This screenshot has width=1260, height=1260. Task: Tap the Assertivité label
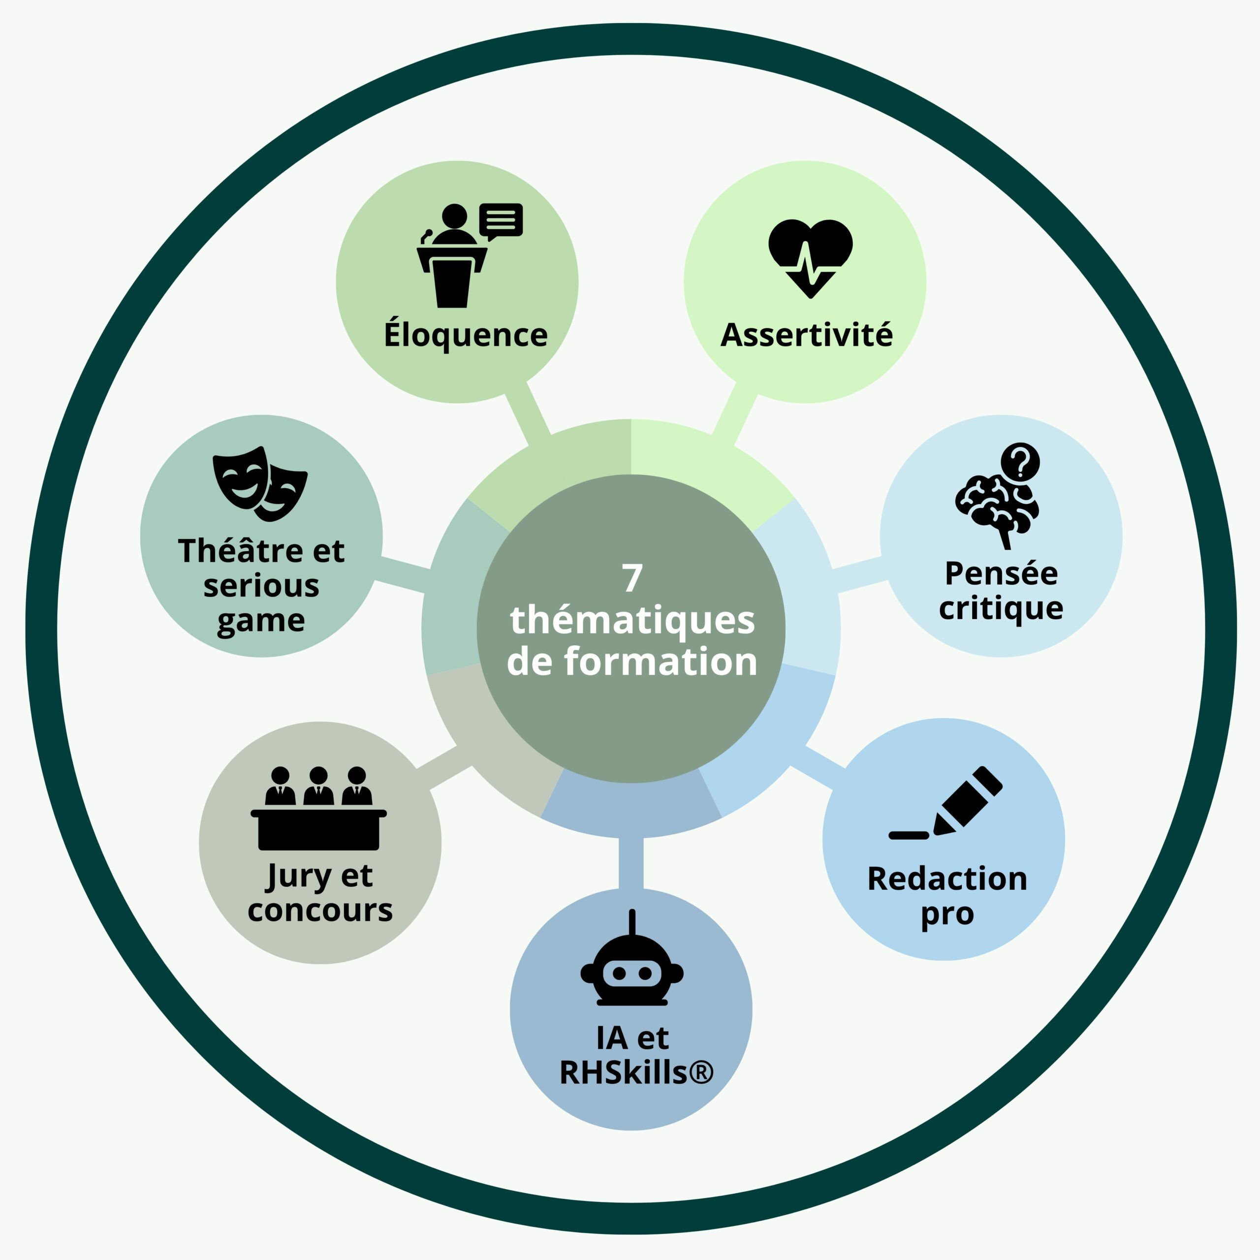click(x=807, y=335)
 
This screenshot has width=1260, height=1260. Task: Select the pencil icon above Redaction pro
click(x=945, y=803)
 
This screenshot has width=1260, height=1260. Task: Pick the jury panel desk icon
click(x=318, y=808)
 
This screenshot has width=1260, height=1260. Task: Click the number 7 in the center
click(x=632, y=578)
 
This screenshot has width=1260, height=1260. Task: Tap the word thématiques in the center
click(x=632, y=620)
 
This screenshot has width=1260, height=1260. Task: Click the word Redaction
click(x=947, y=879)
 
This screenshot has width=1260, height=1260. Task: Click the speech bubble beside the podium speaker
click(x=501, y=221)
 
